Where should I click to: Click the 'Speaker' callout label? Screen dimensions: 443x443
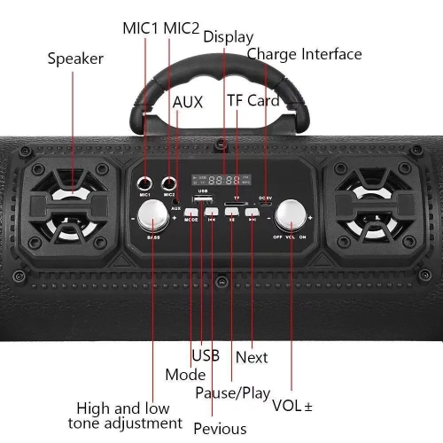(75, 59)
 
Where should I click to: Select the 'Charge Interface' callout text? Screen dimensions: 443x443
(304, 54)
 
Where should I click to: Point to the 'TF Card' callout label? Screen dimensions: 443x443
(253, 100)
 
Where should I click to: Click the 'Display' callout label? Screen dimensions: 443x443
(228, 36)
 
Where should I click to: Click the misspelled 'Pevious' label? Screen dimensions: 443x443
(214, 429)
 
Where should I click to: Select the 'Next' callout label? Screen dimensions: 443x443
(252, 357)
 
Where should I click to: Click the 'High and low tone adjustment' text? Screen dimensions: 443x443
(129, 416)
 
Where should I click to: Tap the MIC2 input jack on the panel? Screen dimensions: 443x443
(169, 183)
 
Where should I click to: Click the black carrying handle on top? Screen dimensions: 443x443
(221, 84)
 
